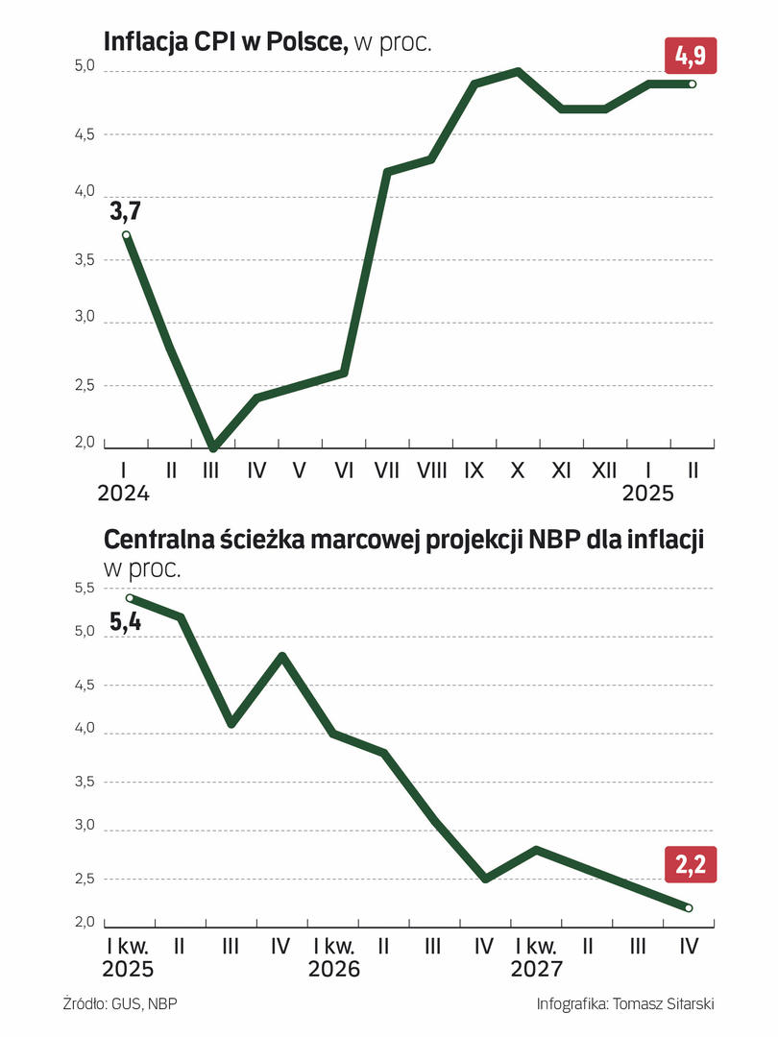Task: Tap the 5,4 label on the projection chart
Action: click(126, 622)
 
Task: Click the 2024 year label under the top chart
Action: click(124, 494)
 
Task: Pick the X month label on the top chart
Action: click(518, 470)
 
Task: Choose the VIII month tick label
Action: click(432, 470)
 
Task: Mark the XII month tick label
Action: click(603, 470)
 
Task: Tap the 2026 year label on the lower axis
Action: click(333, 969)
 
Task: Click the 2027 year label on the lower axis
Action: click(537, 969)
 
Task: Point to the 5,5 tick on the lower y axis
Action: click(84, 588)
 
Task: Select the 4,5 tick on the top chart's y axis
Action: click(84, 134)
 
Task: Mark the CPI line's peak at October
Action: click(518, 71)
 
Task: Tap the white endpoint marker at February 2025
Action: click(692, 84)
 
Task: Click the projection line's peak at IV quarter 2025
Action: click(281, 656)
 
